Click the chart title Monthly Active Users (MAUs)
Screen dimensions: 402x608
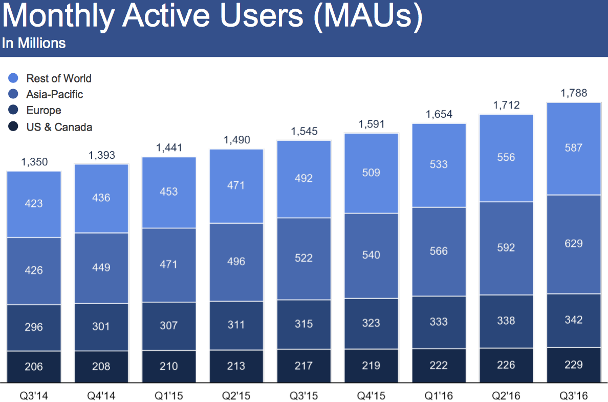[x=212, y=17]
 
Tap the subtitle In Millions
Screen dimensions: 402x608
[x=34, y=43]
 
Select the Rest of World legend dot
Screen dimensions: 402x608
[x=14, y=78]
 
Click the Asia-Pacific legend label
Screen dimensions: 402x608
[x=55, y=94]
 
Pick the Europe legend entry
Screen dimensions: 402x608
[x=44, y=111]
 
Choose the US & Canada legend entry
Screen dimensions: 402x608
[x=59, y=127]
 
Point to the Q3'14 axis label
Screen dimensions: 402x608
[x=34, y=396]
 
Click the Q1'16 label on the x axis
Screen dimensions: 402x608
[x=439, y=396]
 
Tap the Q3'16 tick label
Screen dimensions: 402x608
[x=573, y=396]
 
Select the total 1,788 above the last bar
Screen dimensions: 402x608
[x=573, y=93]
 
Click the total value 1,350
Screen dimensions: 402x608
[x=34, y=162]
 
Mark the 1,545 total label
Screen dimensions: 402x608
[x=304, y=131]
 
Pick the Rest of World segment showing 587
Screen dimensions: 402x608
[x=573, y=148]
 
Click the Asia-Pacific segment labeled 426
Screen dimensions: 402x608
[x=34, y=270]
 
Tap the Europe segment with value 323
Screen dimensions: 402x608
[x=371, y=323]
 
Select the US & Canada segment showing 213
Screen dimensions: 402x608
[x=236, y=366]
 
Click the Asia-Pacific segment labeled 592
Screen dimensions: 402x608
[x=506, y=248]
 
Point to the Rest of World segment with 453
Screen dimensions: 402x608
[x=169, y=192]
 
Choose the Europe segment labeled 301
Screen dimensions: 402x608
[x=101, y=326]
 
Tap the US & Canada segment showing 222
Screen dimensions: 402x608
[x=439, y=365]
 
